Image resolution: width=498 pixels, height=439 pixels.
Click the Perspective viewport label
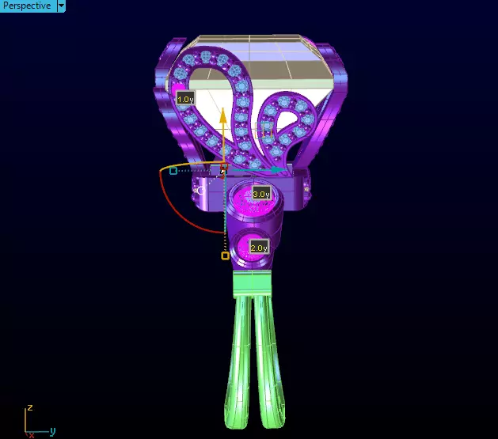pos(27,6)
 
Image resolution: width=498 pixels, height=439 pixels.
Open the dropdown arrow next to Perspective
pos(61,6)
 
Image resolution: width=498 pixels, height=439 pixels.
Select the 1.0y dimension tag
pos(184,99)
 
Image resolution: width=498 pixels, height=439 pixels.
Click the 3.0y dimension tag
pos(260,194)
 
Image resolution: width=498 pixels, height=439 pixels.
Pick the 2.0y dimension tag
pos(259,248)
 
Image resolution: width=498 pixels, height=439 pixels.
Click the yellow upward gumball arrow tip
pos(223,113)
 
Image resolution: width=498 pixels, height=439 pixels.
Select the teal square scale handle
pos(173,171)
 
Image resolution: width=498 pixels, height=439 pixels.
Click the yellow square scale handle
pos(225,255)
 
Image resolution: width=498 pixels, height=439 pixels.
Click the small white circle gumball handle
pos(200,191)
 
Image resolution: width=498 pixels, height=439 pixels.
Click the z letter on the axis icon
pos(29,407)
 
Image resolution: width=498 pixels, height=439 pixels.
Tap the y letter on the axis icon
pos(52,431)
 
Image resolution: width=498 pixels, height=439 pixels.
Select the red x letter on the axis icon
pos(32,434)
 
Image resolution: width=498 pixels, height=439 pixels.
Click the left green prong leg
pos(242,356)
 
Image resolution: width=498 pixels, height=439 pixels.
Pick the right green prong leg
pos(268,356)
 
